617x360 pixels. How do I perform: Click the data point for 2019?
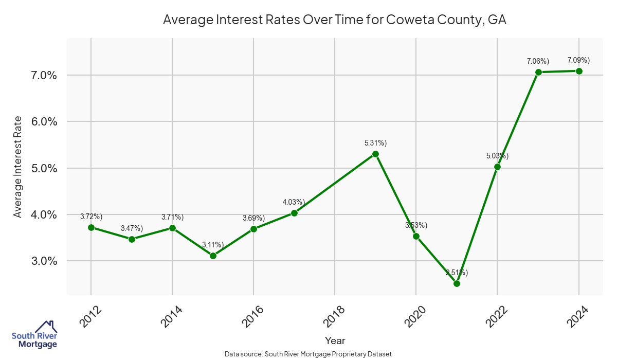click(x=375, y=154)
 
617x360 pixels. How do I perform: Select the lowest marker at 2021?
click(x=457, y=283)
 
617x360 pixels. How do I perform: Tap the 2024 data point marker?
click(x=579, y=71)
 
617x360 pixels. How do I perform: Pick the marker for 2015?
click(x=213, y=256)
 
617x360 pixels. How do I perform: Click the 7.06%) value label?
click(x=538, y=61)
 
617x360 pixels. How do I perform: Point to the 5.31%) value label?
click(x=375, y=143)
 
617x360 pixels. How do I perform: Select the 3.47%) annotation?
click(x=132, y=228)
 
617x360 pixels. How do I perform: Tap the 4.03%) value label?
click(x=294, y=202)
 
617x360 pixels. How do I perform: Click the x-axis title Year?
click(x=335, y=340)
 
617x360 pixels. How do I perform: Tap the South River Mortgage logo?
click(x=34, y=335)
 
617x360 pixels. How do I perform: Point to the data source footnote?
click(x=308, y=354)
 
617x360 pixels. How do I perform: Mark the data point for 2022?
click(x=497, y=167)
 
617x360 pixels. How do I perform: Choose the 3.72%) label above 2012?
click(x=92, y=217)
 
